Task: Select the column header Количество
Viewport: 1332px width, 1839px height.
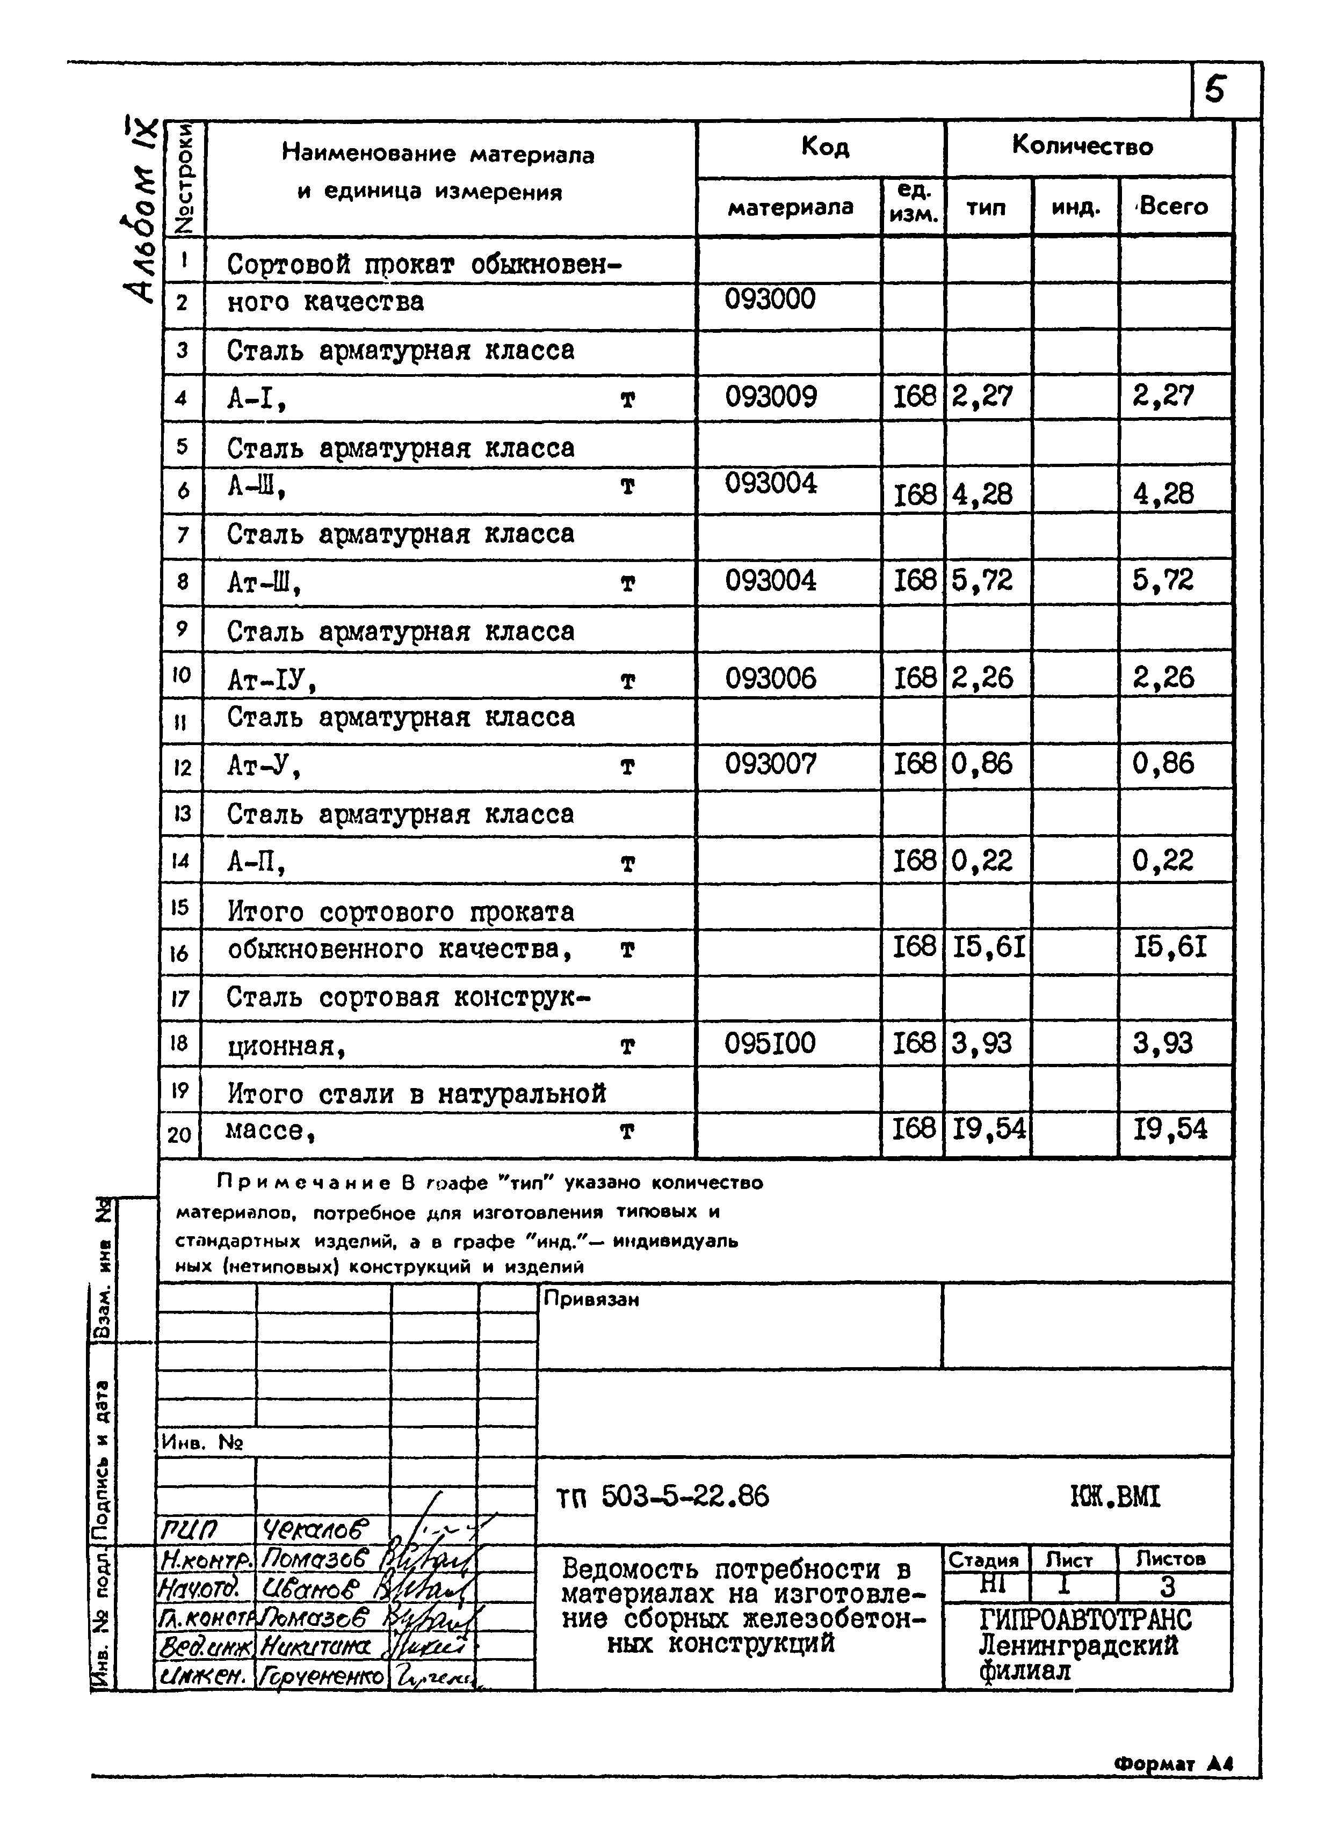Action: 1082,146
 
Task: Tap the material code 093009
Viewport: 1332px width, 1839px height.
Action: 771,397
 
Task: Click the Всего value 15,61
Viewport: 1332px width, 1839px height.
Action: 1170,946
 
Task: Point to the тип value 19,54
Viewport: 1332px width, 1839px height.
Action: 988,1128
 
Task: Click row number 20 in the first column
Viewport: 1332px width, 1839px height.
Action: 179,1134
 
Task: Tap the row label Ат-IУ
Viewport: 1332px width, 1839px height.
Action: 270,681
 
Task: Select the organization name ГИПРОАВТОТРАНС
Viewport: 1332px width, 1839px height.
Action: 1085,1619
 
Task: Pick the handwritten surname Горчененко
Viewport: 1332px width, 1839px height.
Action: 323,1676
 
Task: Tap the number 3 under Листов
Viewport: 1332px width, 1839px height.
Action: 1167,1586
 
